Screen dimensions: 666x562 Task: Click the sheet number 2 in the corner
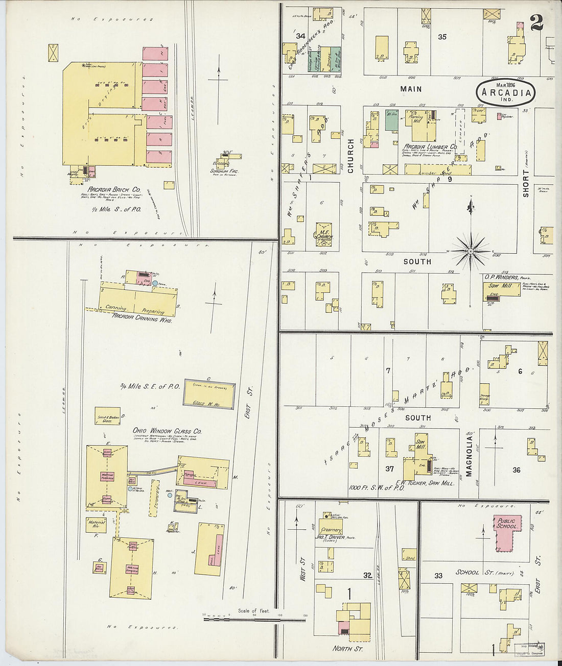click(536, 22)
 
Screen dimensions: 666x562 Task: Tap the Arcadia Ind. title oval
click(506, 93)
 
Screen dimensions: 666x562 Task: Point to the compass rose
click(470, 250)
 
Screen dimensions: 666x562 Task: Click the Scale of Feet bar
click(254, 619)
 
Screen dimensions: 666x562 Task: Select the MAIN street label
click(411, 89)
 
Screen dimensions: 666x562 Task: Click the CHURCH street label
click(351, 156)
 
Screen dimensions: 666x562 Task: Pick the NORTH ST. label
click(348, 649)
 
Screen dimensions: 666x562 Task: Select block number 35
click(442, 37)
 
